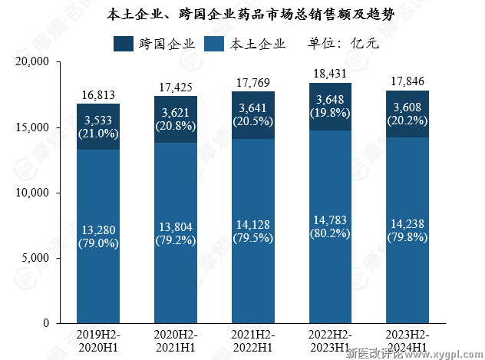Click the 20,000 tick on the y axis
[33, 61]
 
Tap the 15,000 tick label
[33, 127]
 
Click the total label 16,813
[97, 95]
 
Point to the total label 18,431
[330, 74]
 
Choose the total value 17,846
[407, 81]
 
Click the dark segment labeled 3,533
[97, 127]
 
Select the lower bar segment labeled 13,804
[175, 230]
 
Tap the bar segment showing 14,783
[330, 226]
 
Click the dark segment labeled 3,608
[407, 114]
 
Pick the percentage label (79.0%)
[97, 243]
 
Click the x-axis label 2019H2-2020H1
[97, 342]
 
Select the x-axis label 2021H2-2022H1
[252, 342]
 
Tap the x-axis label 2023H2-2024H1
[407, 342]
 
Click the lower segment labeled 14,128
[252, 230]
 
